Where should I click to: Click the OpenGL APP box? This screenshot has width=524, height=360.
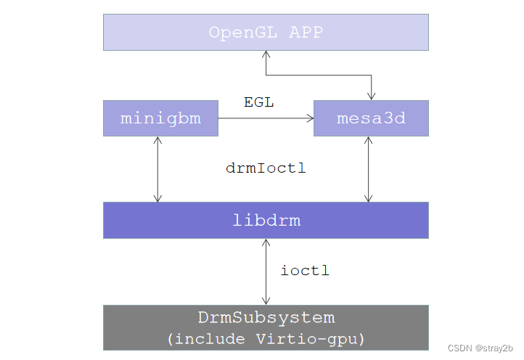266,32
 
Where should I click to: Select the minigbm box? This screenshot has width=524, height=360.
160,118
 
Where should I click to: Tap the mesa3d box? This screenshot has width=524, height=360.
371,118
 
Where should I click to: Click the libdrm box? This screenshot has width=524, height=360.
266,220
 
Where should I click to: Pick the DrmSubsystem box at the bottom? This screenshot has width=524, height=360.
266,327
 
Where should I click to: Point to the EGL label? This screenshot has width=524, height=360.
258,102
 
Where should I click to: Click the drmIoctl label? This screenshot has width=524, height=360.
266,168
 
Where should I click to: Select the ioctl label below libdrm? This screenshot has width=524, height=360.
305,271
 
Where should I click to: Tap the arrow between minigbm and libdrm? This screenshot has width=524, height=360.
157,169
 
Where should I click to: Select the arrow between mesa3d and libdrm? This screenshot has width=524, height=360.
369,169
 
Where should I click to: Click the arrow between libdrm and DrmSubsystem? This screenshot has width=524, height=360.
266,271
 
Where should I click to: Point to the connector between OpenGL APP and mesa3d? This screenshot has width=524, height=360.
319,75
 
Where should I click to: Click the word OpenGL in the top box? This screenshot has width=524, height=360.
238,32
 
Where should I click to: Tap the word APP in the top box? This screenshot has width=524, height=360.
305,32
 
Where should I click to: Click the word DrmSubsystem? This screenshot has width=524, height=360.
266,318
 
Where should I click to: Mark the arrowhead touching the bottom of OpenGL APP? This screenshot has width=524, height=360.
266,54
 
